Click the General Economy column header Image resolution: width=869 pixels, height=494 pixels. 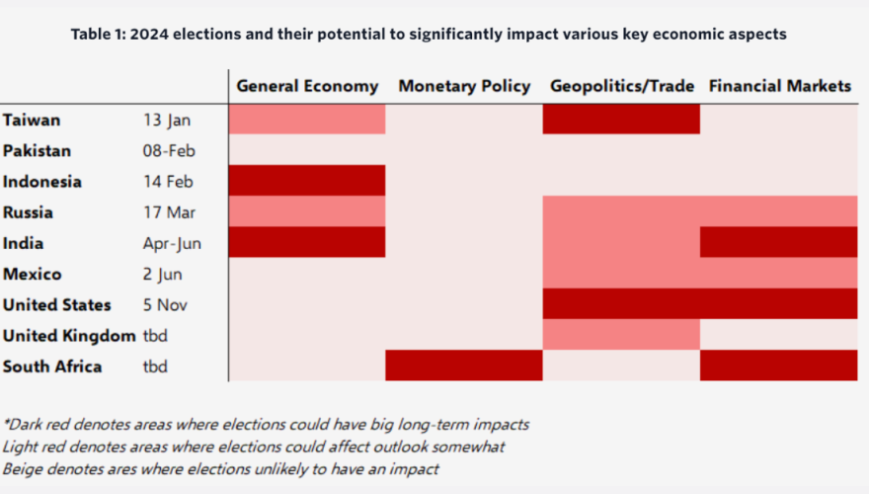307,86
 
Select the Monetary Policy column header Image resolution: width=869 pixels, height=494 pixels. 464,86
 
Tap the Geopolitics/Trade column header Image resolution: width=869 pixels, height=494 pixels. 621,86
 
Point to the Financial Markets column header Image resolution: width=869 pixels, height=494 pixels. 779,86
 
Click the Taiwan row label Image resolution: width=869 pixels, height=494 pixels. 32,120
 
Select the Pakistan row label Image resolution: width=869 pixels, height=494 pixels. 39,150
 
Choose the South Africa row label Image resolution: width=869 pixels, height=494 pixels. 52,367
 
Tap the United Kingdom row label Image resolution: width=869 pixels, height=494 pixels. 69,336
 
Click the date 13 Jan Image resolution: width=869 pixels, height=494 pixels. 167,120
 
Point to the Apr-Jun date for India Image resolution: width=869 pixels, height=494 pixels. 172,243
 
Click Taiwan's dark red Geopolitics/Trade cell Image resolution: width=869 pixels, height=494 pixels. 621,119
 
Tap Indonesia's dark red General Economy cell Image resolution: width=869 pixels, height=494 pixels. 307,181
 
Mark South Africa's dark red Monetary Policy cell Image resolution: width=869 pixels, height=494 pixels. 464,366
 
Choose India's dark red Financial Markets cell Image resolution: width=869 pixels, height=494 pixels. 779,242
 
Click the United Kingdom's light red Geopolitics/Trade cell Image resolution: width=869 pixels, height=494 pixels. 621,335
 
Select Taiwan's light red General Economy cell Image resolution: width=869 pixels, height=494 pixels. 307,119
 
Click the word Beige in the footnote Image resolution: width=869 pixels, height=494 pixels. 23,469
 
